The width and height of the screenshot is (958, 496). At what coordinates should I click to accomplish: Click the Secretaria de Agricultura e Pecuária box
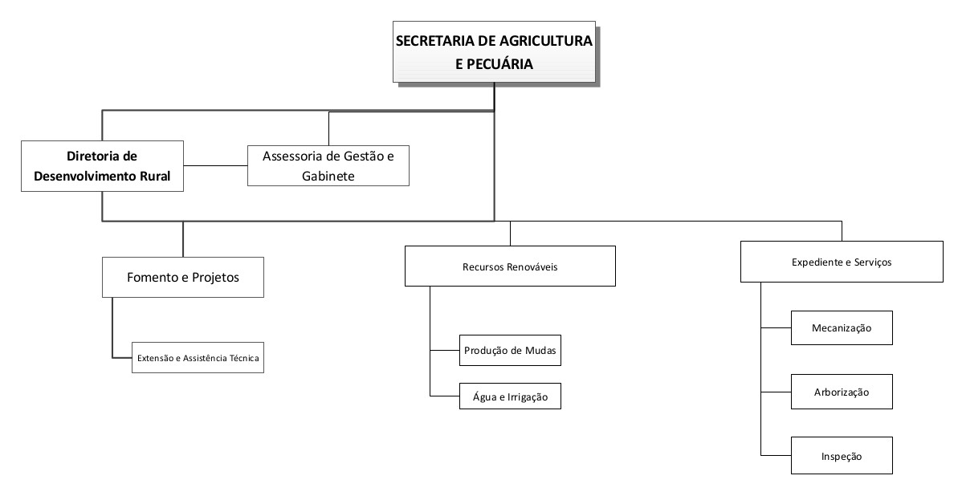494,52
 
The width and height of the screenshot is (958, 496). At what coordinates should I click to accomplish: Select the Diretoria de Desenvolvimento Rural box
102,166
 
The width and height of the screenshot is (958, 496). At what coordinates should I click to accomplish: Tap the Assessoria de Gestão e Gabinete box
328,165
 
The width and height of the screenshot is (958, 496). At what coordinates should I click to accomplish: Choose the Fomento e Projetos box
182,278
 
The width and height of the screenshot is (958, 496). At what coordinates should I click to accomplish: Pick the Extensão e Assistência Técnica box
198,357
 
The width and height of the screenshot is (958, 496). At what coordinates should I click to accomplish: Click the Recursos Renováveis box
510,266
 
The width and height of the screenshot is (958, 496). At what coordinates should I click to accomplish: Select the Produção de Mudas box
510,350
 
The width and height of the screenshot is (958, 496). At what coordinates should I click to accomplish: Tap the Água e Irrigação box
510,396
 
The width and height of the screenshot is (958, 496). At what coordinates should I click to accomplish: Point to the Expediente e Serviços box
842,262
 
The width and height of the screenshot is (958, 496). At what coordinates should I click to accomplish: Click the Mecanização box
842,328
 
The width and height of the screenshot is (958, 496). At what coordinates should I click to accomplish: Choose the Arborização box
842,392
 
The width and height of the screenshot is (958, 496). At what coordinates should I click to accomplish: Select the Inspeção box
842,456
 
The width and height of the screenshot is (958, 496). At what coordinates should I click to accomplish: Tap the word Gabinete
328,176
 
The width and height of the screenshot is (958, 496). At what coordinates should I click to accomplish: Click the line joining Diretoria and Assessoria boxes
216,165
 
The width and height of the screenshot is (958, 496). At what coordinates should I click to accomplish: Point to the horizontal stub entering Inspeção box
776,455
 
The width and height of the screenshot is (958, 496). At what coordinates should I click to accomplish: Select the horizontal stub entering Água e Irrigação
445,396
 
